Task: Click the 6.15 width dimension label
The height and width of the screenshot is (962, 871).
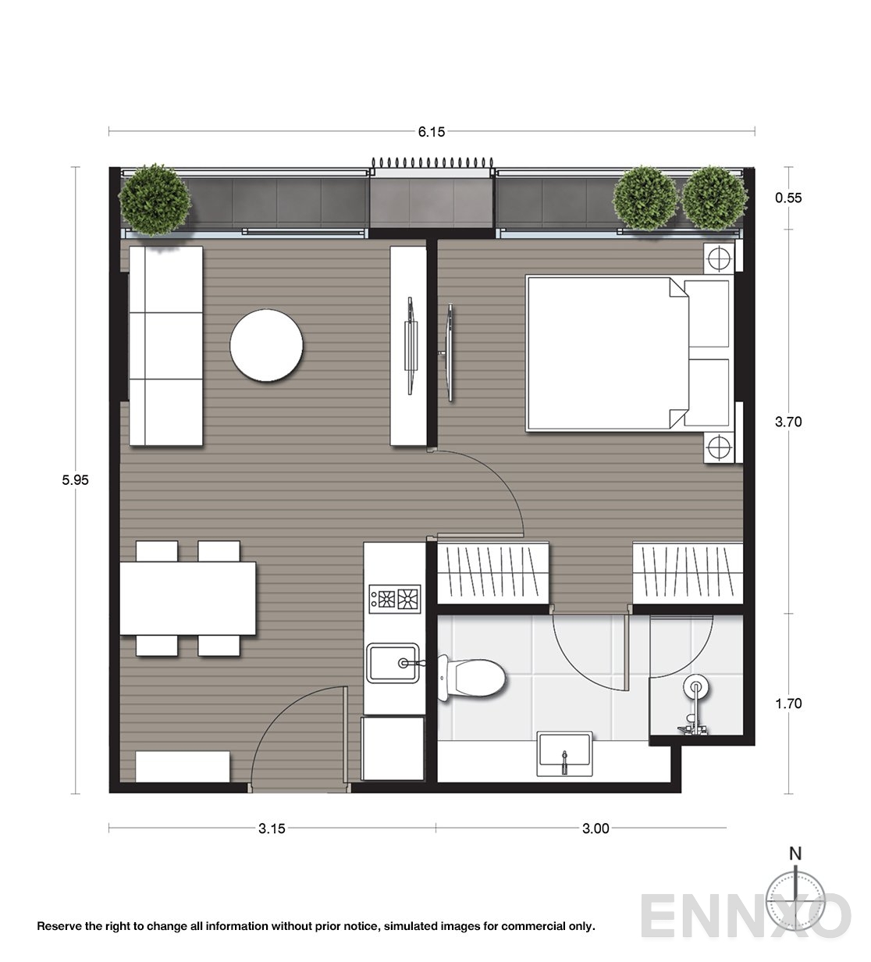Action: coord(431,132)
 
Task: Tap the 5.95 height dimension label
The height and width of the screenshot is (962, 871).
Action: coord(76,481)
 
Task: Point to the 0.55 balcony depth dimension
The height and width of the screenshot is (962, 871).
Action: coord(788,198)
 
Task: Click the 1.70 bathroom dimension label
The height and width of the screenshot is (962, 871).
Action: coord(788,704)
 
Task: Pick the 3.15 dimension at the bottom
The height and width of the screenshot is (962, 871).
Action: coord(272,828)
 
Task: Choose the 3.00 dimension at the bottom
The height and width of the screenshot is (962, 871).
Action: coord(595,828)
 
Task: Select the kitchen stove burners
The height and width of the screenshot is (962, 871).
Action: coord(395,599)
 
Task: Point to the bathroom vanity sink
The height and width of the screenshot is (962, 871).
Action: coord(564,753)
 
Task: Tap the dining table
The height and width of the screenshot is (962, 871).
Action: coord(188,599)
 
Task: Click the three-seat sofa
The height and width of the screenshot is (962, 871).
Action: coord(165,347)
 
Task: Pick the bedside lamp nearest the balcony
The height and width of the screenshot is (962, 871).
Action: coord(718,256)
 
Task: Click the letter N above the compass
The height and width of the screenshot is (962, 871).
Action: coord(795,853)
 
